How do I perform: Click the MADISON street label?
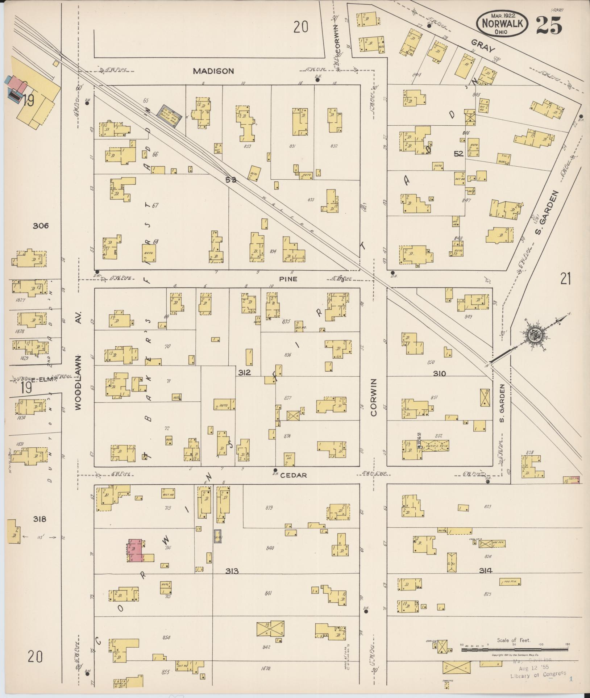(213, 71)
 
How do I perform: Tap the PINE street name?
(288, 279)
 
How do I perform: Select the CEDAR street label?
(296, 475)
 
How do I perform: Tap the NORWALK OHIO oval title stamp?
(502, 23)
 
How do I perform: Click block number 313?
(232, 571)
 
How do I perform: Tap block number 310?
(439, 373)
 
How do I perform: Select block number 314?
(486, 570)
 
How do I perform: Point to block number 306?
(40, 226)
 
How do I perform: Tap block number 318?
(40, 519)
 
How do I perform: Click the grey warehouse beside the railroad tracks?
(169, 110)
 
